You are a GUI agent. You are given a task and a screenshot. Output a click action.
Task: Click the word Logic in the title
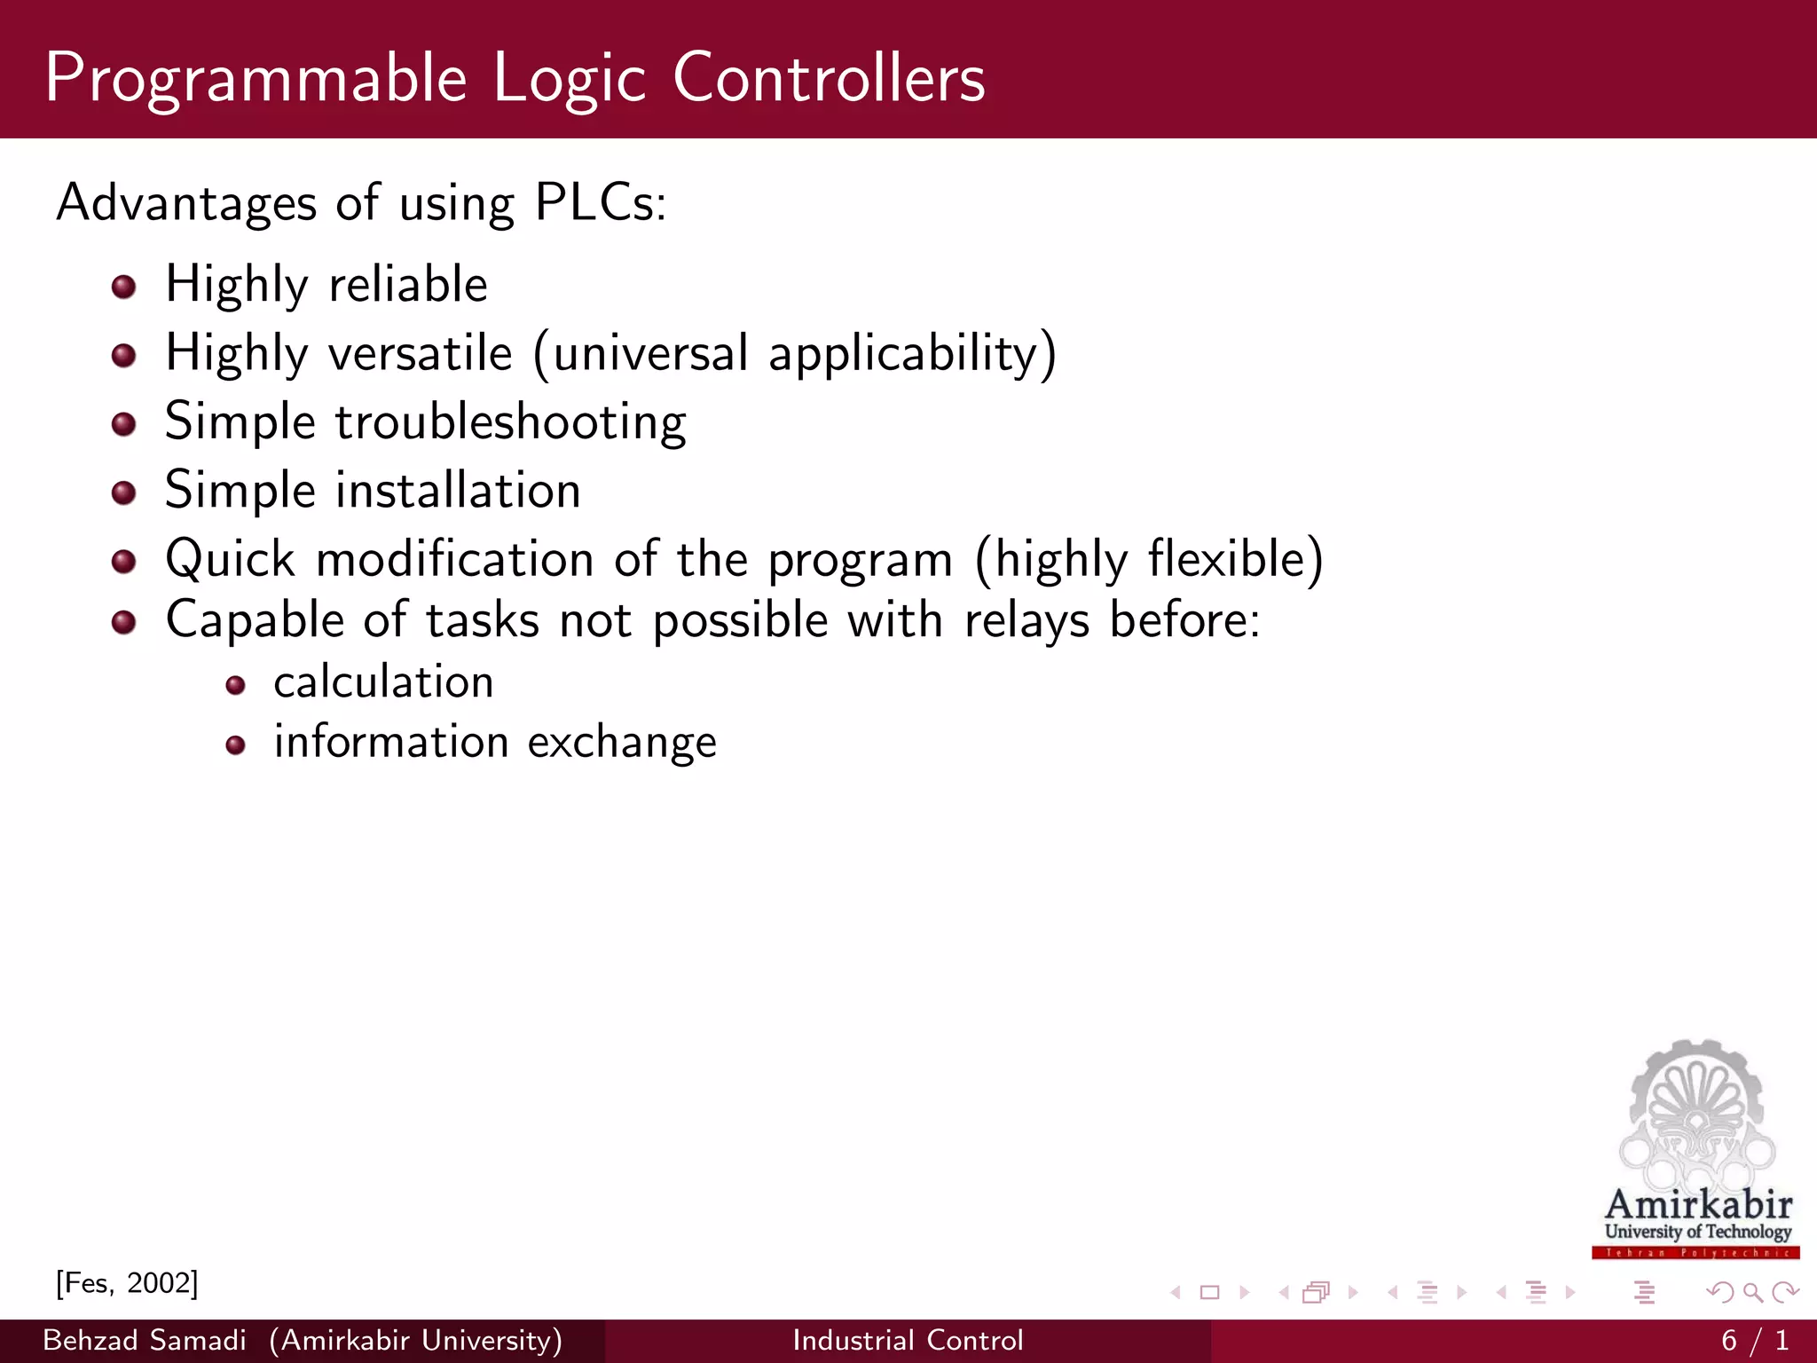[569, 78]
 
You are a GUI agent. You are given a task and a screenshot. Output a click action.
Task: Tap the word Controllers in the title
[829, 78]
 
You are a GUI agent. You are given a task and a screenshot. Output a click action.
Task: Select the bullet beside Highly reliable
[124, 287]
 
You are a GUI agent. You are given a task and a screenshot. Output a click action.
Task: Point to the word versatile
[421, 353]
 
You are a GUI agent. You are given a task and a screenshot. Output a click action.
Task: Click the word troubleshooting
[510, 422]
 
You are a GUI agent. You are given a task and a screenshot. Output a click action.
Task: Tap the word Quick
[230, 560]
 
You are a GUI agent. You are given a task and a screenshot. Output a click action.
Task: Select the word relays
[1026, 620]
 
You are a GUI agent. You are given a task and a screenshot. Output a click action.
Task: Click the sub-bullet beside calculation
[235, 685]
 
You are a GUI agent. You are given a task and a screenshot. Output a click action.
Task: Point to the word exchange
[622, 742]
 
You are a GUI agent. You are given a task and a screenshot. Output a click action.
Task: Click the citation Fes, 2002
[127, 1283]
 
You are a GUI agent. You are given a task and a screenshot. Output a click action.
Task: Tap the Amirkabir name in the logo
[1698, 1205]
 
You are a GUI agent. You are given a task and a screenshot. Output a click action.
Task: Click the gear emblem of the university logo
[1696, 1109]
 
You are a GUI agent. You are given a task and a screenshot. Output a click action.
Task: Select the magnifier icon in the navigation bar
[1752, 1293]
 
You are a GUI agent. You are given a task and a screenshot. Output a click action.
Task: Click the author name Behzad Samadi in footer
[145, 1340]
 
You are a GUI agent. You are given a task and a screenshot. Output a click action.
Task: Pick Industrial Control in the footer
[908, 1340]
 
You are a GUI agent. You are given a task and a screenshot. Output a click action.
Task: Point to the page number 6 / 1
[1754, 1340]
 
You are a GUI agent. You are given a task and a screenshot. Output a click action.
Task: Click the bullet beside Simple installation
[124, 492]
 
